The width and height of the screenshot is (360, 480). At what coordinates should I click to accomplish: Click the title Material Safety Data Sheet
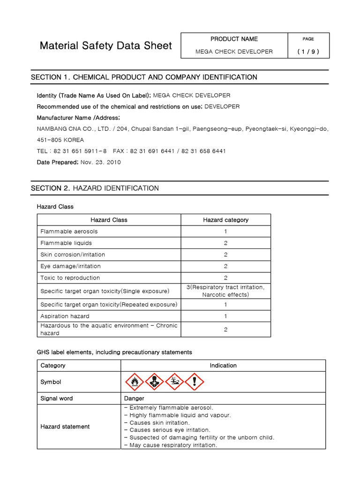click(x=105, y=45)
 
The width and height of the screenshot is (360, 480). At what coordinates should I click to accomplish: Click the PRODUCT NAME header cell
click(x=234, y=39)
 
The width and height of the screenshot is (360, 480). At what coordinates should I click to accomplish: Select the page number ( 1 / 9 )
click(x=308, y=52)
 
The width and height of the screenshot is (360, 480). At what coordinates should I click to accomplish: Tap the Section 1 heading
click(x=144, y=77)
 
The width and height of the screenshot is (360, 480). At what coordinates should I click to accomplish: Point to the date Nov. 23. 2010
click(x=100, y=162)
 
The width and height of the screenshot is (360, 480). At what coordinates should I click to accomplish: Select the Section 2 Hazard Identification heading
click(x=95, y=188)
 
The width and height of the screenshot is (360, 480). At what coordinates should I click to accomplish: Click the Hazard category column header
click(x=225, y=220)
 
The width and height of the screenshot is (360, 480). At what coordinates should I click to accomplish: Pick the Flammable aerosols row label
click(x=69, y=232)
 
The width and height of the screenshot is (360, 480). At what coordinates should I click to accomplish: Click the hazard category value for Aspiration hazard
click(x=225, y=316)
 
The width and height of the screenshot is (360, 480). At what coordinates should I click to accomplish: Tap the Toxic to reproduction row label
click(x=70, y=278)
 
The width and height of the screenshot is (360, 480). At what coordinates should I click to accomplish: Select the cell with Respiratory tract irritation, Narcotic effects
click(x=225, y=291)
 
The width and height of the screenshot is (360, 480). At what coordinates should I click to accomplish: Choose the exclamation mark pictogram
click(x=195, y=382)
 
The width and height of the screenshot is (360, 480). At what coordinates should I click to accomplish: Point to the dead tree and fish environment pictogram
click(x=174, y=382)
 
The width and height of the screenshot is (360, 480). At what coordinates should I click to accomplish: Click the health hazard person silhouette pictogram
click(x=154, y=382)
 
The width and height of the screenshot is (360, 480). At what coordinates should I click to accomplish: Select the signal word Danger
click(x=134, y=398)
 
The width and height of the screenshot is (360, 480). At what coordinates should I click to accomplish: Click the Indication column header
click(x=223, y=366)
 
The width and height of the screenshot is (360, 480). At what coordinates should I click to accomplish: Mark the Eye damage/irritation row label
click(x=70, y=266)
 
